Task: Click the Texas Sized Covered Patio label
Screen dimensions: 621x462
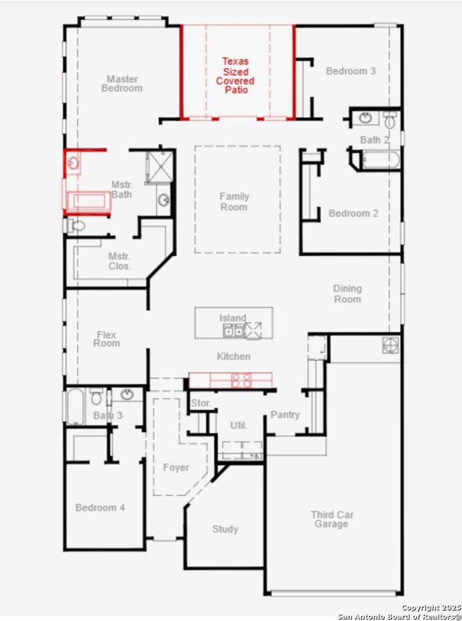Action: coord(235,75)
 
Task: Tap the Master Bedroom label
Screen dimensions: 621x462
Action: coord(122,84)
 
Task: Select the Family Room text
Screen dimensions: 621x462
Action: coord(234,202)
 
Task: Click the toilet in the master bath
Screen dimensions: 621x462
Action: coord(77,225)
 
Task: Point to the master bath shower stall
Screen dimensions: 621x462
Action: coord(160,166)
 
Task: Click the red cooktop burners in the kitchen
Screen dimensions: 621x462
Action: coord(241,380)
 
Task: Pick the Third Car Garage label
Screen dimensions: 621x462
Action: coord(332,519)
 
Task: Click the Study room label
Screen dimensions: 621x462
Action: coord(225,529)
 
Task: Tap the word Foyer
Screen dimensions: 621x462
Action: coord(176,468)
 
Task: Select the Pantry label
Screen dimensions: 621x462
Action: coord(285,414)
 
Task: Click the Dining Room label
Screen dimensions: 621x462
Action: coord(347,294)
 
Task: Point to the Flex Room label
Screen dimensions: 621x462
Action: coord(107,339)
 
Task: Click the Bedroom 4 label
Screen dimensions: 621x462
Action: coord(100,508)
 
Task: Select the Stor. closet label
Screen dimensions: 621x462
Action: coord(201,403)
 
